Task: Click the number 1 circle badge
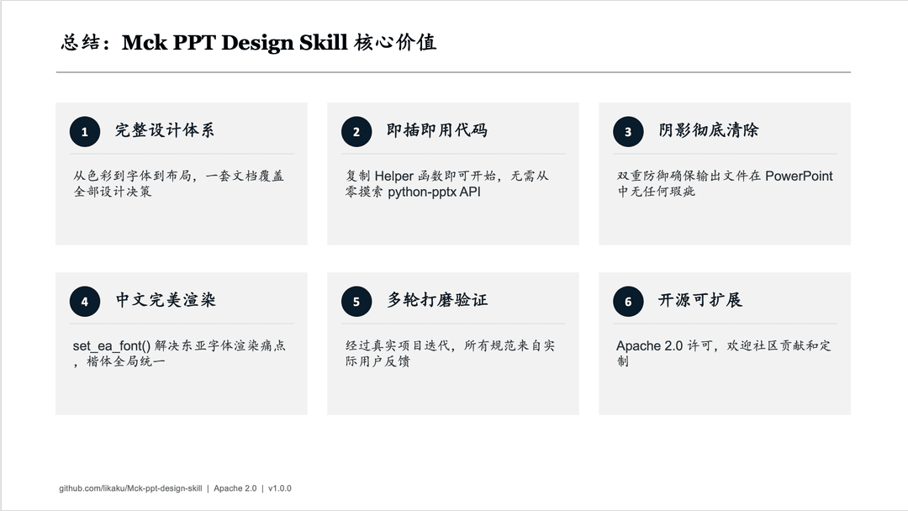[x=85, y=131]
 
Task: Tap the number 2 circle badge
[x=356, y=131]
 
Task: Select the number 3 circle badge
[x=628, y=131]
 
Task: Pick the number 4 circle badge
[x=85, y=302]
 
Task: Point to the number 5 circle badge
[x=356, y=302]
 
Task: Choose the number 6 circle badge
[x=628, y=302]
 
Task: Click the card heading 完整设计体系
[x=165, y=130]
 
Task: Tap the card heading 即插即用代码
[x=436, y=130]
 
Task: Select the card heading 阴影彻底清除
[x=708, y=130]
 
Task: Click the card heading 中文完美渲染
[x=166, y=300]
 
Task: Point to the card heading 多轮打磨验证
[x=437, y=300]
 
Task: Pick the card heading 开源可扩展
[x=700, y=300]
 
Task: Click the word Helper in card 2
[x=393, y=176]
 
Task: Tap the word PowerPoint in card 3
[x=799, y=176]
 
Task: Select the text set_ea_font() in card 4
[x=111, y=346]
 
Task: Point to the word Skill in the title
[x=323, y=42]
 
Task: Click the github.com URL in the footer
[x=130, y=488]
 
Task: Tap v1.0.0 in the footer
[x=280, y=488]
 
